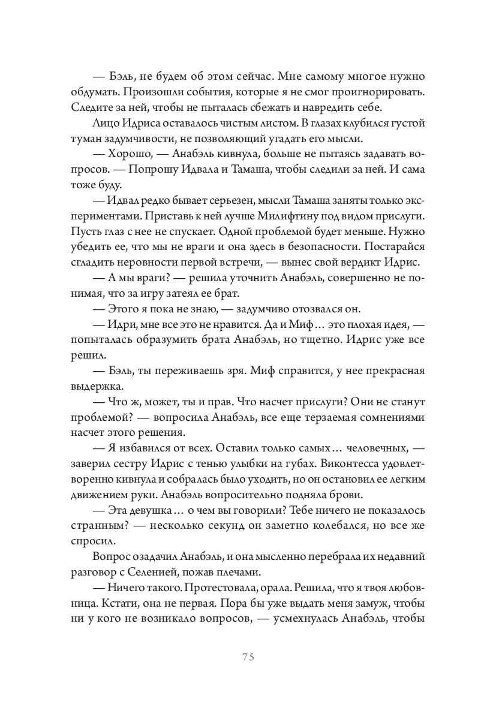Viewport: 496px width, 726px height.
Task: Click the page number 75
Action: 248,656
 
